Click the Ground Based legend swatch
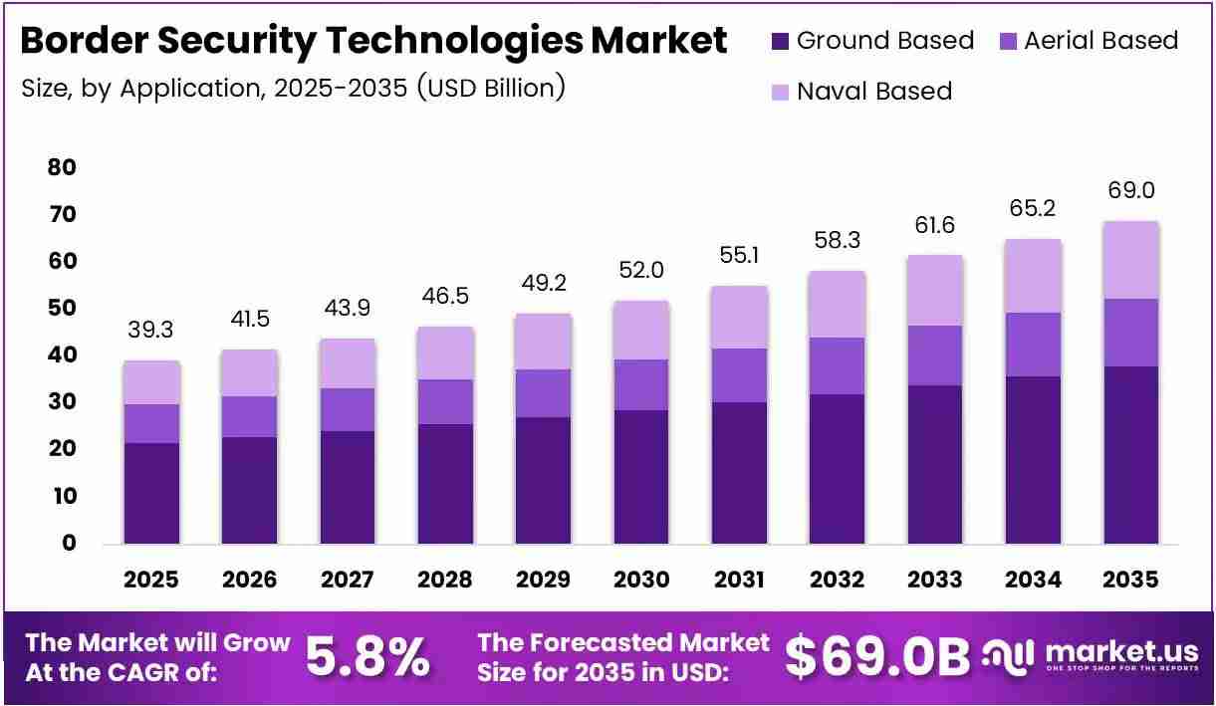tap(780, 42)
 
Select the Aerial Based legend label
tap(1101, 41)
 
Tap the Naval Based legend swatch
tap(780, 92)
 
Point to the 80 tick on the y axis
tap(62, 167)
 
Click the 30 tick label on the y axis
tap(62, 401)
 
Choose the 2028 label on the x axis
tap(445, 580)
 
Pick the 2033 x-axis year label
tap(935, 580)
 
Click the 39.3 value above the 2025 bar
tap(150, 330)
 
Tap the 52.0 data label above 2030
tap(641, 270)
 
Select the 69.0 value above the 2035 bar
tap(1131, 190)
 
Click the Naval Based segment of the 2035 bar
tap(1131, 260)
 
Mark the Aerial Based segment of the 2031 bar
tap(739, 375)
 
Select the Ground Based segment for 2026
tap(249, 491)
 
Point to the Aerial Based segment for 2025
tap(151, 424)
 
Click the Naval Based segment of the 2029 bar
tap(544, 342)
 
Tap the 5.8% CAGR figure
tap(367, 657)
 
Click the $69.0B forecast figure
tap(877, 657)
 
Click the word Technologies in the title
tap(455, 41)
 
